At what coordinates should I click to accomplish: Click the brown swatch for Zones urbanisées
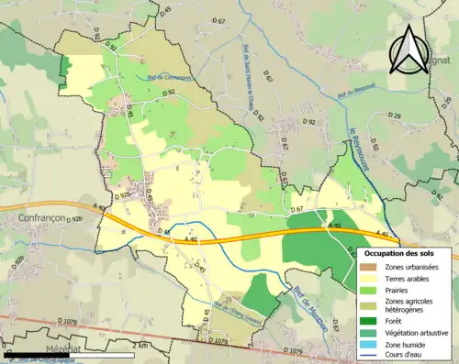coord(371,266)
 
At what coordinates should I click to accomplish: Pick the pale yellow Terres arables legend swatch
coord(371,278)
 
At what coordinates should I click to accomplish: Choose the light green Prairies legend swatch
coord(371,290)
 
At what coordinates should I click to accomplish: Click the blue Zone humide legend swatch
coord(371,342)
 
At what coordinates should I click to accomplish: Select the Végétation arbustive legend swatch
coord(371,330)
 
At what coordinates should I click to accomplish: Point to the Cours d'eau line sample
coord(371,354)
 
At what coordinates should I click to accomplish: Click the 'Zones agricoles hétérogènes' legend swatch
coord(371,304)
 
